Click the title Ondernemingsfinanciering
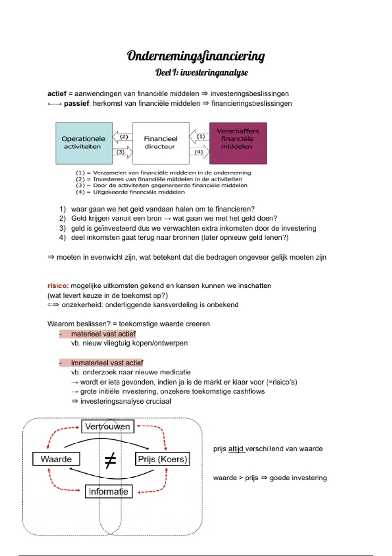pyautogui.click(x=196, y=56)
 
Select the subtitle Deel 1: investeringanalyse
pyautogui.click(x=202, y=72)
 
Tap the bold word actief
pyautogui.click(x=57, y=94)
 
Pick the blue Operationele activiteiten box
pyautogui.click(x=84, y=143)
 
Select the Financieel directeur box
pyautogui.click(x=161, y=143)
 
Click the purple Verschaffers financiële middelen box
pyautogui.click(x=237, y=143)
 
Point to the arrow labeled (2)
pyautogui.click(x=122, y=137)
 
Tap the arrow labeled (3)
pyautogui.click(x=123, y=152)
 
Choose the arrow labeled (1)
pyautogui.click(x=199, y=136)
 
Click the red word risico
pyautogui.click(x=57, y=286)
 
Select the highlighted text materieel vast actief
pyautogui.click(x=103, y=334)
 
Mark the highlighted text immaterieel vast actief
pyautogui.click(x=107, y=363)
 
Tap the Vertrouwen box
pyautogui.click(x=107, y=426)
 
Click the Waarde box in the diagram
pyautogui.click(x=56, y=459)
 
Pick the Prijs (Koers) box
pyautogui.click(x=162, y=459)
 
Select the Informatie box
pyautogui.click(x=108, y=491)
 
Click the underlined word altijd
pyautogui.click(x=236, y=449)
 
